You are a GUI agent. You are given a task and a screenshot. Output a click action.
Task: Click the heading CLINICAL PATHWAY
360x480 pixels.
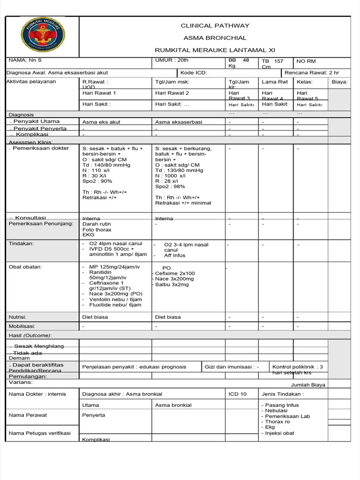point(215,26)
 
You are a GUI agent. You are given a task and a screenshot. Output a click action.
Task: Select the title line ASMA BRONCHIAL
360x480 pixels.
point(215,38)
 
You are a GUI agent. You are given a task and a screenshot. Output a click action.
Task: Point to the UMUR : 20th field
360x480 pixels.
point(172,61)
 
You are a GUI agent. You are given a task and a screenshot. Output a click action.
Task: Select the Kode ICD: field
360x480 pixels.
point(193,73)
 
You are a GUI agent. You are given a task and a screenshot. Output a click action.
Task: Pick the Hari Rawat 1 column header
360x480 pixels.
point(99,93)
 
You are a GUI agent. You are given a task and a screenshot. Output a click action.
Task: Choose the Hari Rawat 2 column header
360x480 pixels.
point(172,93)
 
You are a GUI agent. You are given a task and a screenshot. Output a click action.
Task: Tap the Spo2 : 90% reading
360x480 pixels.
point(97,181)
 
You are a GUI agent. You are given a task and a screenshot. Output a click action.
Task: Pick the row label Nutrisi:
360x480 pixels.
point(19,317)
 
